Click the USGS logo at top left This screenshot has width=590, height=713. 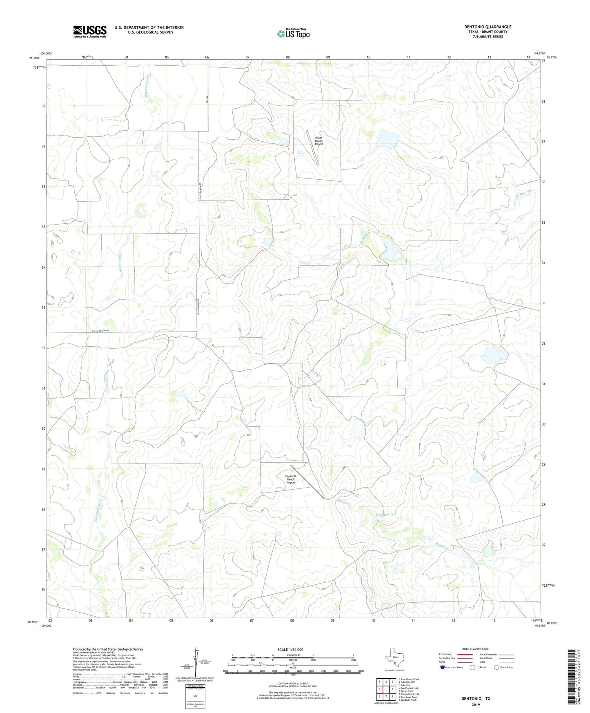89,31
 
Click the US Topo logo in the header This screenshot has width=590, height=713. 293,33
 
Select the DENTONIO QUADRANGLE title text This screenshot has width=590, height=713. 488,27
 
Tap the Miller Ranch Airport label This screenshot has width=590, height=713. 319,141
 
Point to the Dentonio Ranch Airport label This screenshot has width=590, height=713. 291,479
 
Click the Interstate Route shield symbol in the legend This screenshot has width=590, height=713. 443,667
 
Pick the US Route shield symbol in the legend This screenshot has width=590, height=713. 473,667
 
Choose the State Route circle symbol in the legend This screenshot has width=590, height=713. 496,667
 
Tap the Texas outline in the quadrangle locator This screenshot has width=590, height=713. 394,659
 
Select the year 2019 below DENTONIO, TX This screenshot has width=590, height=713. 476,704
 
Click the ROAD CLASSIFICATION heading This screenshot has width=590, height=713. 476,649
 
